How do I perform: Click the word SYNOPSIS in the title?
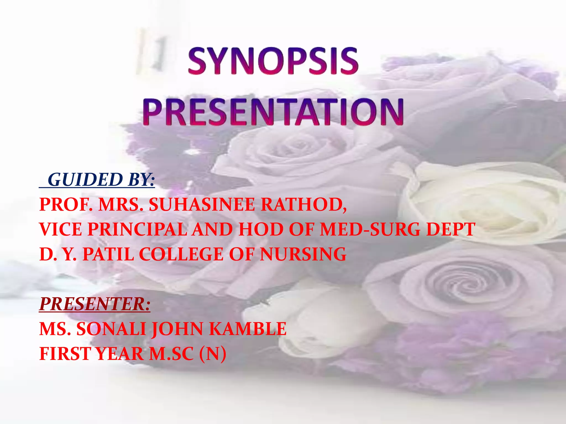point(273,61)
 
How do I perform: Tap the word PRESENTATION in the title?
point(273,112)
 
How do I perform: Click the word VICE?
point(61,229)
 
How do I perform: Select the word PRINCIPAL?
point(137,229)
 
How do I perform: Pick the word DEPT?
point(450,229)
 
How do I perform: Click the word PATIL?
point(108,254)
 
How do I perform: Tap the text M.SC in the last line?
point(171,354)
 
